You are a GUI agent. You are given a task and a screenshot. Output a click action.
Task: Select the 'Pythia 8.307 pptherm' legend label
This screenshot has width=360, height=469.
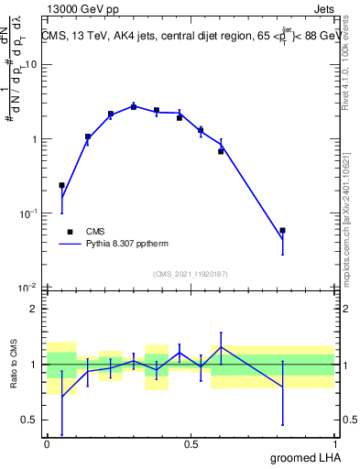[x=130, y=245]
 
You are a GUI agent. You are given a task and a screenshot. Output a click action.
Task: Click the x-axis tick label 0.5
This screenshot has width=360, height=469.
[x=191, y=442]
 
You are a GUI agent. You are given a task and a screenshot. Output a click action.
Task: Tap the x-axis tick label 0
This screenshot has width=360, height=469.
[x=47, y=442]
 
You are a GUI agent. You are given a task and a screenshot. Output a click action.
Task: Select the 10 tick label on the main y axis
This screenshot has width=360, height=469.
[x=31, y=64]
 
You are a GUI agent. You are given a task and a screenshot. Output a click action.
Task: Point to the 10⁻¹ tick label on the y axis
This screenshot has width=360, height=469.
[x=27, y=213]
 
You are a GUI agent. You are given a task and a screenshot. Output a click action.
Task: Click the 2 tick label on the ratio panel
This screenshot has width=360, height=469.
[x=35, y=309]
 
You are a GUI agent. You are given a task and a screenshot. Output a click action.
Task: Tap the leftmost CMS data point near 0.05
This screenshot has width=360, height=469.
[x=61, y=185]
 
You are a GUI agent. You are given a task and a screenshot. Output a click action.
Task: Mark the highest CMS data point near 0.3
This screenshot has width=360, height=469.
[x=134, y=106]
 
